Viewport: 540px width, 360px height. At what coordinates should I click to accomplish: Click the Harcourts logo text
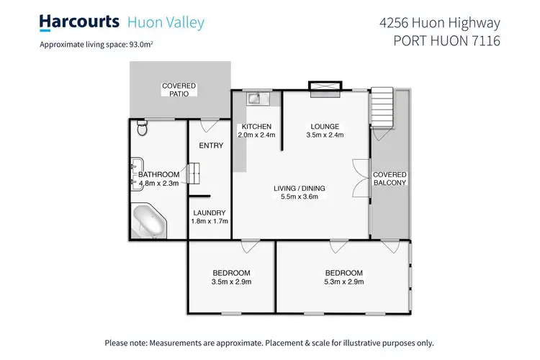click(79, 22)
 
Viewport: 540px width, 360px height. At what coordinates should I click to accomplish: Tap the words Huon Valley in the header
click(166, 22)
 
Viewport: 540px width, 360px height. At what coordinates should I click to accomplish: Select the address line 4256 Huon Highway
click(439, 22)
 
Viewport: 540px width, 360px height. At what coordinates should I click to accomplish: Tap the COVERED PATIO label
click(179, 89)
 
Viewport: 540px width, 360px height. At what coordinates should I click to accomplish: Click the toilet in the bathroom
click(142, 128)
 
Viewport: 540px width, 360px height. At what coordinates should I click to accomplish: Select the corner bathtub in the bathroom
click(150, 220)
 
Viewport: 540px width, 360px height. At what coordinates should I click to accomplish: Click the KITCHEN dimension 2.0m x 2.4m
click(256, 135)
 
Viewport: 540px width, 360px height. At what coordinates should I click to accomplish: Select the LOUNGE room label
click(325, 126)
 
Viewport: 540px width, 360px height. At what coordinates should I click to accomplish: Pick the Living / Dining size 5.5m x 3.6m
click(300, 197)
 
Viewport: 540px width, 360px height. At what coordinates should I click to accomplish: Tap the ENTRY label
click(210, 145)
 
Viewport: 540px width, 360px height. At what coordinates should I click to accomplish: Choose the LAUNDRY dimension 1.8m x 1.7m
click(210, 221)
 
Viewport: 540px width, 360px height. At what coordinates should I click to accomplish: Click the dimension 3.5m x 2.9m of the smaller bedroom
click(231, 282)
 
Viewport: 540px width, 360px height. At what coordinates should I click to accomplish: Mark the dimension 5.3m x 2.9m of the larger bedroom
click(343, 282)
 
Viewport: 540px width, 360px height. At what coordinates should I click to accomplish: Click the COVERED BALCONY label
click(390, 179)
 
